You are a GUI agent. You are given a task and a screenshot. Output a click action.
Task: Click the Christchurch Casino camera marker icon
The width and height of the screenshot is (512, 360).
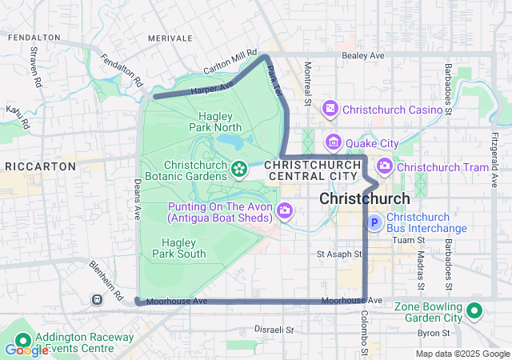[330, 109]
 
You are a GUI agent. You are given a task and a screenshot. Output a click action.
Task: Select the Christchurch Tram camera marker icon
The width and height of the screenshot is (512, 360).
[385, 166]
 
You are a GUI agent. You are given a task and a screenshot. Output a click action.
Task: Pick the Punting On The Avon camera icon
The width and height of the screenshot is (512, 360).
[285, 212]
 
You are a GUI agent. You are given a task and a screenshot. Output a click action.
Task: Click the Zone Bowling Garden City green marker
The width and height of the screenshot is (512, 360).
[474, 310]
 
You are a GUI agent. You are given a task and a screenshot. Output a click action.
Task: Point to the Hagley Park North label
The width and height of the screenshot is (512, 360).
[215, 121]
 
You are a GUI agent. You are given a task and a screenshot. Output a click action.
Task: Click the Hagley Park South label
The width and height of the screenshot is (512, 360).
[183, 248]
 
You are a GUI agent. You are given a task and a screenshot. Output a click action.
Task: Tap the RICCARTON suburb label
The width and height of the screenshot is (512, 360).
[40, 166]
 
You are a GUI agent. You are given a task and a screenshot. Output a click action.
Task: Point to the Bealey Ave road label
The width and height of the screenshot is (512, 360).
[363, 55]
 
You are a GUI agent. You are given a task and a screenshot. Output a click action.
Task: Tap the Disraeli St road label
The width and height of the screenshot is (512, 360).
[274, 329]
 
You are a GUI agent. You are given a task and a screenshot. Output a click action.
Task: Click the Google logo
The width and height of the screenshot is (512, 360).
[26, 350]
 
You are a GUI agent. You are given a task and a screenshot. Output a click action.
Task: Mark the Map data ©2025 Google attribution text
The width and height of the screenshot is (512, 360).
[462, 354]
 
